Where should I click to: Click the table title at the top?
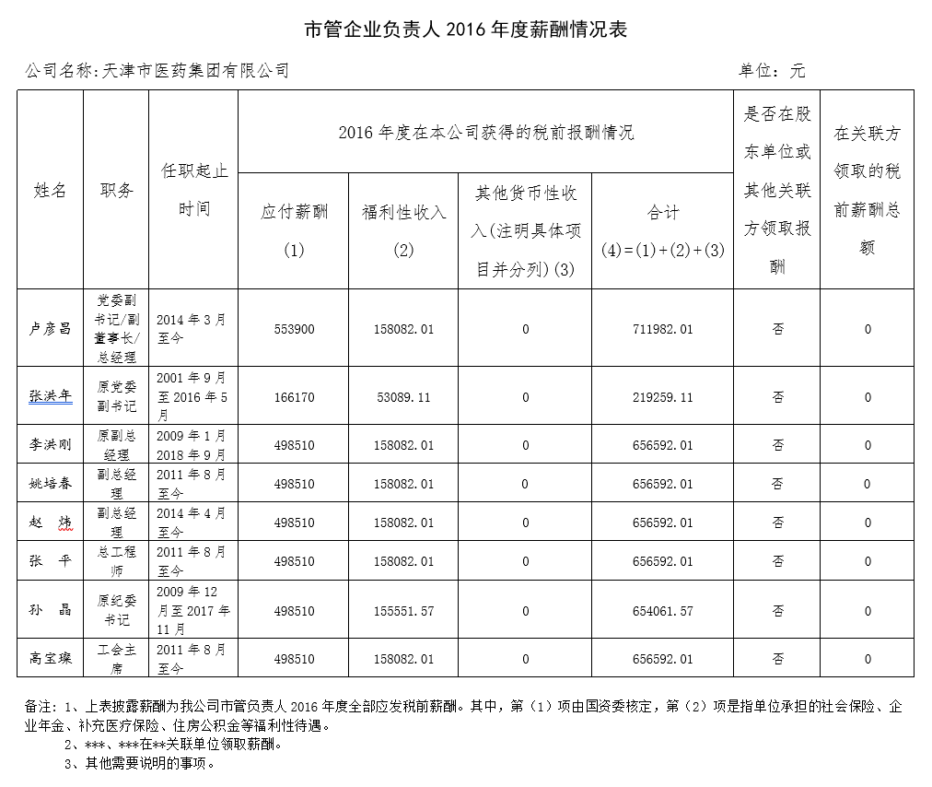tap(465, 29)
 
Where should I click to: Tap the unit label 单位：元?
tap(772, 70)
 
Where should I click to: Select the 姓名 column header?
tap(51, 190)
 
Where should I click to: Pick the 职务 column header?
tap(116, 190)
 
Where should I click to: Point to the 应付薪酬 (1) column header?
tap(294, 229)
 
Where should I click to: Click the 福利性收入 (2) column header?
tap(403, 229)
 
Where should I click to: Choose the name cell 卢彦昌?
tap(51, 329)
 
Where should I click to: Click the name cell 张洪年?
tap(51, 396)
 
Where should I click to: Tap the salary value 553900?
tap(294, 329)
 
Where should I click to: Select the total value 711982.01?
tap(661, 329)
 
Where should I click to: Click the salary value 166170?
tap(294, 397)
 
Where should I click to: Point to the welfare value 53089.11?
tap(403, 397)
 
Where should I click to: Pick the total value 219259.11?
tap(661, 397)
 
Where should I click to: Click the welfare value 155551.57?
tap(403, 611)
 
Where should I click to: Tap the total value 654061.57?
tap(661, 611)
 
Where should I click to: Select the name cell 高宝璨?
tap(51, 658)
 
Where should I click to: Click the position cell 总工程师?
tap(116, 560)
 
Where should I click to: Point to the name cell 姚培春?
tap(51, 483)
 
